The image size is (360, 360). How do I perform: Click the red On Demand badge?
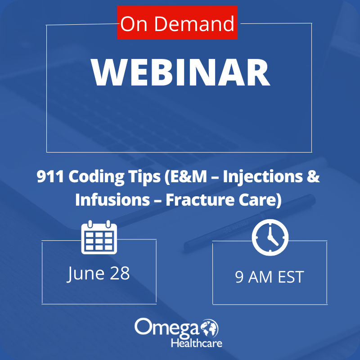point(177,23)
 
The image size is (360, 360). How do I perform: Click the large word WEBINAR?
point(180,73)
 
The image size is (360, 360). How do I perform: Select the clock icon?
point(270,238)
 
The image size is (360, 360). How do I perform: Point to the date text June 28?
point(99,273)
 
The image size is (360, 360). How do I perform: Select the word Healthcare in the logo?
point(196,343)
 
